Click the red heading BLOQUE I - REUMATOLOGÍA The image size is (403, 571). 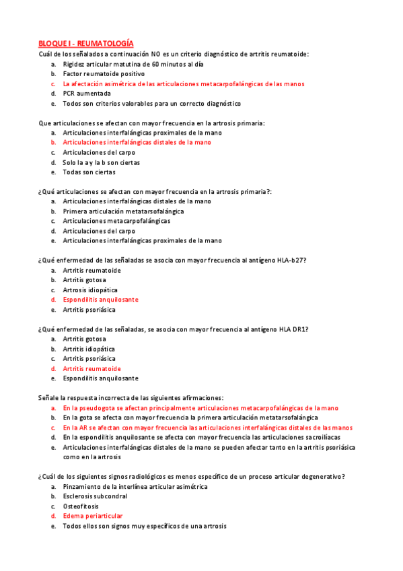[85, 42]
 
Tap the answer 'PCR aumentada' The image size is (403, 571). [87, 94]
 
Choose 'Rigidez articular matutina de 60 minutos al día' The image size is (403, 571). [133, 64]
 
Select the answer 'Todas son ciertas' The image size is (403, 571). [89, 172]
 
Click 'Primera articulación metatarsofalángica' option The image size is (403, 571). [123, 211]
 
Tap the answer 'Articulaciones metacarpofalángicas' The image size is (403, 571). [116, 221]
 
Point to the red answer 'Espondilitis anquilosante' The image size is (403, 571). [101, 300]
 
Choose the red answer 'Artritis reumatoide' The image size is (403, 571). [92, 369]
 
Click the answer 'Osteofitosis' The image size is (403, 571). [81, 506]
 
